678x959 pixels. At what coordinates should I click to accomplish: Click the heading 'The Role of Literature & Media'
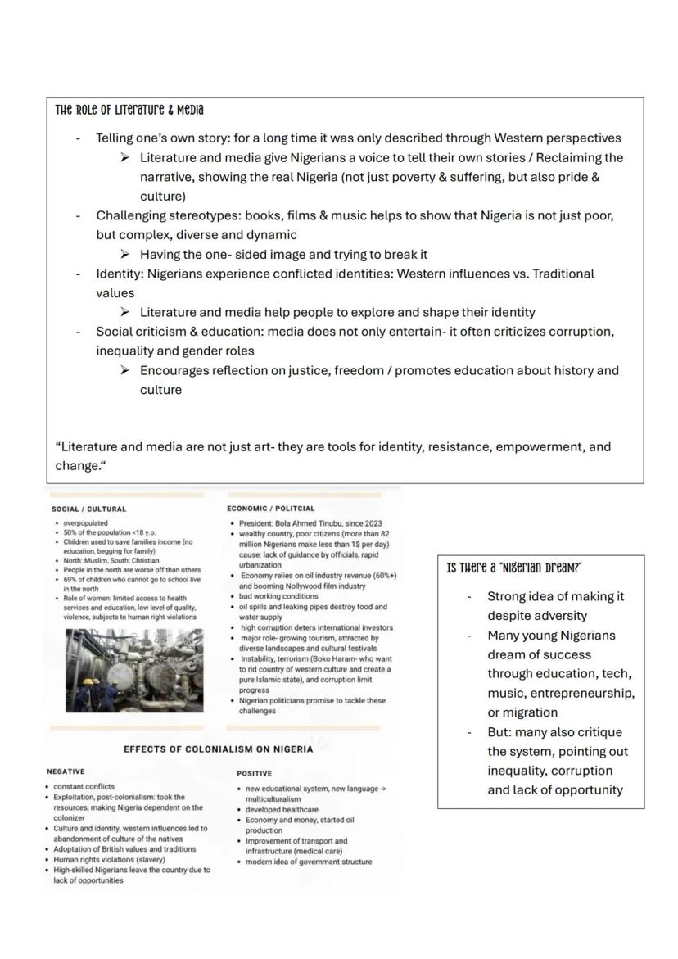[x=129, y=111]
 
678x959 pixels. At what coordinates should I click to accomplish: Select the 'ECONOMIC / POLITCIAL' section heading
[x=270, y=509]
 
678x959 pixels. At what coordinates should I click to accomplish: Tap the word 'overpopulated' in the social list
[x=85, y=523]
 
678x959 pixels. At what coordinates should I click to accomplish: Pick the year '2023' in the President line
[x=371, y=523]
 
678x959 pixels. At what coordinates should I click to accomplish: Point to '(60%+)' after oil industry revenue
[x=381, y=576]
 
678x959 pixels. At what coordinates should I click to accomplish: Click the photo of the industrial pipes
[x=134, y=669]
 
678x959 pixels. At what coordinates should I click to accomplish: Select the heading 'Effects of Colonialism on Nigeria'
[x=218, y=749]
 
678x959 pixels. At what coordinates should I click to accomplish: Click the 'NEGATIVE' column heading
[x=66, y=771]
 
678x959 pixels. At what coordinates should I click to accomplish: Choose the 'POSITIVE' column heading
[x=255, y=773]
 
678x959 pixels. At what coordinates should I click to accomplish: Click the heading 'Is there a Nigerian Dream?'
[x=514, y=568]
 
